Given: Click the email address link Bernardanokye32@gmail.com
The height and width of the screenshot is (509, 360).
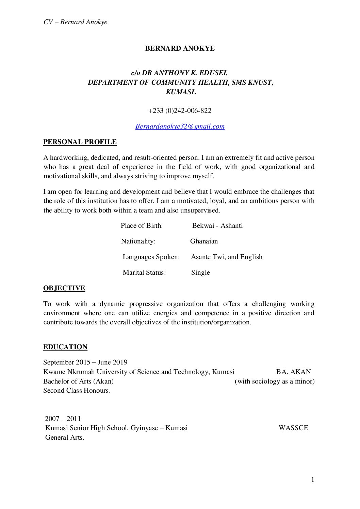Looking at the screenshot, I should pyautogui.click(x=180, y=126).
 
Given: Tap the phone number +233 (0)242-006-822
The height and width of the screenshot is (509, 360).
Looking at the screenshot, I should pyautogui.click(x=180, y=111).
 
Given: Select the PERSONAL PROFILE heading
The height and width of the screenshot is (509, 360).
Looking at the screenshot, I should pyautogui.click(x=80, y=142).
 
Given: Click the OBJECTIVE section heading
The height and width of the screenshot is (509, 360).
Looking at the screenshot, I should pyautogui.click(x=64, y=288).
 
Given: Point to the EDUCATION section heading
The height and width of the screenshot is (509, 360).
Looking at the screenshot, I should pyautogui.click(x=65, y=347).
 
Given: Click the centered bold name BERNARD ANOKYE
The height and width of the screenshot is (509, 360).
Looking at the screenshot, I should pyautogui.click(x=180, y=49).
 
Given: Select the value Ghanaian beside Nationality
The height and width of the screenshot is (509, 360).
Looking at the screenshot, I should pyautogui.click(x=204, y=241).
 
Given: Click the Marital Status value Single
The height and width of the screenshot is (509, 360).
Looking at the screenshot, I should pyautogui.click(x=200, y=273).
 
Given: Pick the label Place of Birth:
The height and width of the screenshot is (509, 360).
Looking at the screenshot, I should pyautogui.click(x=142, y=226).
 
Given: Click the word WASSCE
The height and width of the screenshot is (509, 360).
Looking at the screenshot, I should pyautogui.click(x=293, y=428).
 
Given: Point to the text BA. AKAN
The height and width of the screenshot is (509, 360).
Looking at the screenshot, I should pyautogui.click(x=293, y=372).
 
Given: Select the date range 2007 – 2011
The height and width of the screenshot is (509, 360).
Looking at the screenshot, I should pyautogui.click(x=63, y=419).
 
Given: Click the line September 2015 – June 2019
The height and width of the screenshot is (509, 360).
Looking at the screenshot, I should pyautogui.click(x=85, y=362).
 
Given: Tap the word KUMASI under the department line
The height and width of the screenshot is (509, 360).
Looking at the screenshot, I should pyautogui.click(x=180, y=92).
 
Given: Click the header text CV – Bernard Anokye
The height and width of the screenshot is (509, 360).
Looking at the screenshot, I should pyautogui.click(x=75, y=22).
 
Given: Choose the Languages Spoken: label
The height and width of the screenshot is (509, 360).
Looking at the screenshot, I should pyautogui.click(x=151, y=257).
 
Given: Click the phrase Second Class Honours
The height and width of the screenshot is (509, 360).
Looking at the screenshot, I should pyautogui.click(x=77, y=391).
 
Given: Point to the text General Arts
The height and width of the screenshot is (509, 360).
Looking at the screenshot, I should pyautogui.click(x=65, y=438).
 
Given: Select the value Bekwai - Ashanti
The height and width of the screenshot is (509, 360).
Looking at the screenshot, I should pyautogui.click(x=217, y=226).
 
